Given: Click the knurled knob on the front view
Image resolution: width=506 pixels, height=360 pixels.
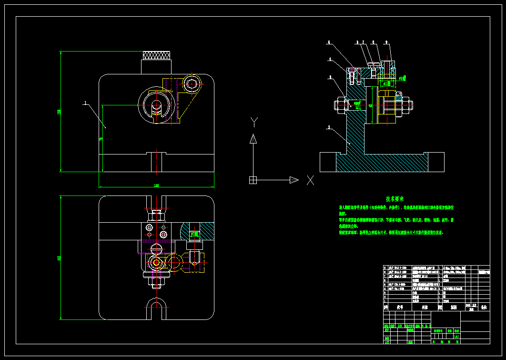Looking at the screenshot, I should coord(157,56).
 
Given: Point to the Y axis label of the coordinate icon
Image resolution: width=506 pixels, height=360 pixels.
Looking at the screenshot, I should coord(254,122).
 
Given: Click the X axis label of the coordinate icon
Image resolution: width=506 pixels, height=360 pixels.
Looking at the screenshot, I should coord(310,180).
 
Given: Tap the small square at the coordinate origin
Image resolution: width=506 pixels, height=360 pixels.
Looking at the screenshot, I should coord(253,180).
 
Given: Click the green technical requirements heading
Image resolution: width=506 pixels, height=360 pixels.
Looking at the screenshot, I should coord(395,198).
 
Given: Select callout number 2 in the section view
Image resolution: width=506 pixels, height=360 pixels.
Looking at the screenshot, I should coord(328,127).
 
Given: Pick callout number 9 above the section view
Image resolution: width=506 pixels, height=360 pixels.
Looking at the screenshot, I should coord(386,42).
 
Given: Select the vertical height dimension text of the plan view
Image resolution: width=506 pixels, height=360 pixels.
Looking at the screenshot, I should coord(59,257).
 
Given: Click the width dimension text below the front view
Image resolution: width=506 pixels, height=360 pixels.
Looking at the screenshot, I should coord(156,185).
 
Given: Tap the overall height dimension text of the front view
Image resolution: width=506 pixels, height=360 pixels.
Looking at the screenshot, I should coord(59,112).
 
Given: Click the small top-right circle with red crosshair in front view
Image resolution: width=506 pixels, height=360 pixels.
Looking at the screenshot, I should coord(192,84).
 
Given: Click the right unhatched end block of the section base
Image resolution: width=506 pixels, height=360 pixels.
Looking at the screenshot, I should coord(436,162).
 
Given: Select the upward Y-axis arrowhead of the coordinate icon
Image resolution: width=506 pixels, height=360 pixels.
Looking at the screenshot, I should coord(254,139).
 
